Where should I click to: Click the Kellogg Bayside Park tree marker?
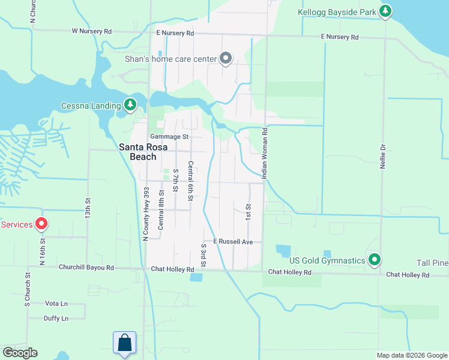tap(385, 11)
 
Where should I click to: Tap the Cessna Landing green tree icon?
tap(130, 106)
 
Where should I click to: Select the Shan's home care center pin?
tap(226, 58)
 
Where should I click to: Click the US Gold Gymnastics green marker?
tap(375, 260)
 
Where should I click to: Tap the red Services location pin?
tap(41, 224)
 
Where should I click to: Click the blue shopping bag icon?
tap(124, 343)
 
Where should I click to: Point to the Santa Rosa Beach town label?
tap(137, 151)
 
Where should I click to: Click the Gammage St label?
tap(169, 137)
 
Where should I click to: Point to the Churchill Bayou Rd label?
tap(86, 267)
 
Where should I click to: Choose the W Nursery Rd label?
tap(91, 31)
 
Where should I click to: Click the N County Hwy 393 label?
tap(145, 214)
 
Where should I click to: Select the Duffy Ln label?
tap(56, 318)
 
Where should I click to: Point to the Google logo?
tap(20, 353)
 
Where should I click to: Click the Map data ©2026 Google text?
tap(411, 355)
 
